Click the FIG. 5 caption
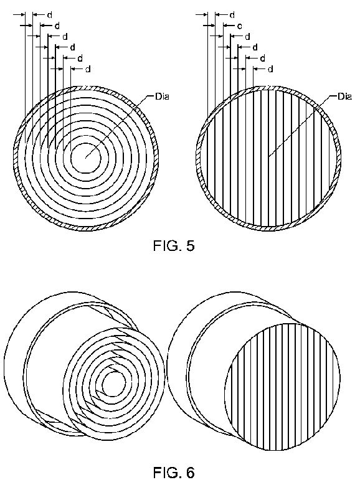(174, 246)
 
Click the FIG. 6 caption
(174, 473)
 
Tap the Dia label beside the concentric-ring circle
(162, 97)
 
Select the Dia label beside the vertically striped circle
(344, 97)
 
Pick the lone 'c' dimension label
(240, 26)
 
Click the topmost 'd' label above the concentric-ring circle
(49, 15)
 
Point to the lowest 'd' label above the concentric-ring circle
(88, 69)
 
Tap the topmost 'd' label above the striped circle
(232, 15)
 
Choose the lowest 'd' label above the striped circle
(270, 69)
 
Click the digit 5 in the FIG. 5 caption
(191, 246)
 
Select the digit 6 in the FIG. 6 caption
(191, 473)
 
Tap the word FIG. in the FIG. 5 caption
(167, 246)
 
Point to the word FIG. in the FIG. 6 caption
(167, 473)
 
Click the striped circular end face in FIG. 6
(283, 387)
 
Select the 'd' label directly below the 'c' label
(247, 37)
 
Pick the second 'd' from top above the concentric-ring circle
(57, 26)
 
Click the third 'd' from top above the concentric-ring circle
(65, 37)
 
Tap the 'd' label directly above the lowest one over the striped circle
(262, 59)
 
